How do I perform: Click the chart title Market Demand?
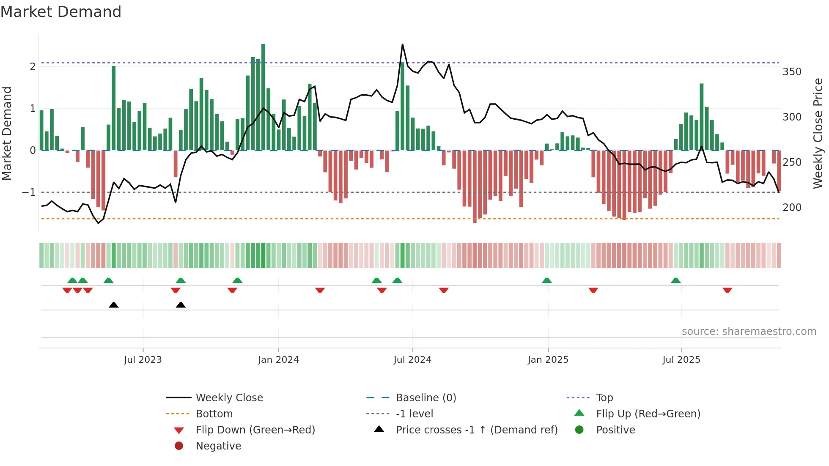[61, 12]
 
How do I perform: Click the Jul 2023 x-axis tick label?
[143, 360]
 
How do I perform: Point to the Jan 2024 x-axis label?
[278, 360]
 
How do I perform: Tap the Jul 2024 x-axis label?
[412, 360]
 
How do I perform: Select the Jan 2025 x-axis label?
[548, 360]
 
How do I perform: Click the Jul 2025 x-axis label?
[681, 360]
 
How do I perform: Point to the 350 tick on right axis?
[792, 72]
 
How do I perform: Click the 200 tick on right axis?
[792, 208]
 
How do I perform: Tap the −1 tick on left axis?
[29, 192]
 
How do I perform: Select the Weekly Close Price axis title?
[818, 133]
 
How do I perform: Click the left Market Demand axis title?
[7, 133]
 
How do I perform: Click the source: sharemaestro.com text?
[749, 332]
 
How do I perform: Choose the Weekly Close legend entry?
[229, 398]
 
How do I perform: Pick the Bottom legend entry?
[214, 414]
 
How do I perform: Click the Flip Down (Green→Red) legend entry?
[255, 430]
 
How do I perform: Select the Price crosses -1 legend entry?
[477, 430]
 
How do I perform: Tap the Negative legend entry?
[218, 446]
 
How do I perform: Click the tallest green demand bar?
[263, 97]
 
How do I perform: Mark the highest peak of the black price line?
[402, 44]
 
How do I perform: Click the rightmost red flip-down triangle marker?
[727, 291]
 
